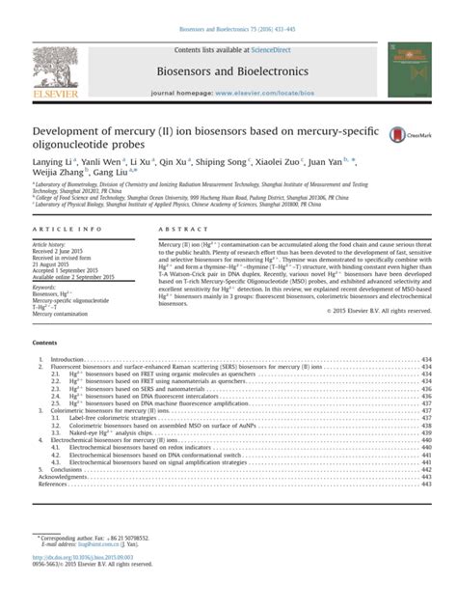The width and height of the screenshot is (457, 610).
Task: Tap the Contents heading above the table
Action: (x=44, y=342)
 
